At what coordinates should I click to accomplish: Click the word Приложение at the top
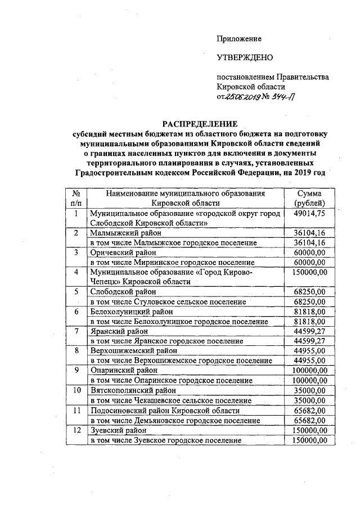pyautogui.click(x=239, y=39)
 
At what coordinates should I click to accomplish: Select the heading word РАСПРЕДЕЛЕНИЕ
pyautogui.click(x=200, y=123)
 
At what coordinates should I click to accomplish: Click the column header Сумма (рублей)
pyautogui.click(x=308, y=198)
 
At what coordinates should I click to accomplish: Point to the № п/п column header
pyautogui.click(x=76, y=198)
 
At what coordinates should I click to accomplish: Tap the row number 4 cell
pyautogui.click(x=76, y=272)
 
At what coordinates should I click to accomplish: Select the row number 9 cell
pyautogui.click(x=76, y=371)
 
